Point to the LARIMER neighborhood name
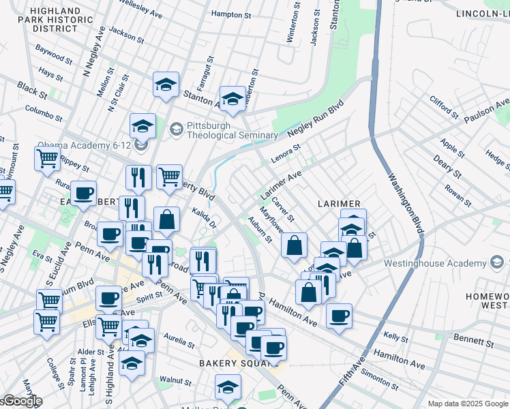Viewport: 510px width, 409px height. (x=338, y=204)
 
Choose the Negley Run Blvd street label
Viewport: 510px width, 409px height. (x=315, y=121)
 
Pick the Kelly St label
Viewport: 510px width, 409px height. (x=395, y=337)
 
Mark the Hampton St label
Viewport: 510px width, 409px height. (x=232, y=14)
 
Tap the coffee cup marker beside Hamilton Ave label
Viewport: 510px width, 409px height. (x=339, y=316)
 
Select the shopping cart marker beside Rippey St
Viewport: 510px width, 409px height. (x=47, y=159)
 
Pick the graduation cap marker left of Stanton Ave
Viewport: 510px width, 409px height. (x=166, y=85)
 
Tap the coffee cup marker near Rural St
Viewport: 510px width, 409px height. (x=84, y=193)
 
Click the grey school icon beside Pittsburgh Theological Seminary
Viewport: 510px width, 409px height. (x=177, y=128)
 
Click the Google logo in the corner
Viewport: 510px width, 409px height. (x=22, y=402)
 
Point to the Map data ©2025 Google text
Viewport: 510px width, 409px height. (x=468, y=404)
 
